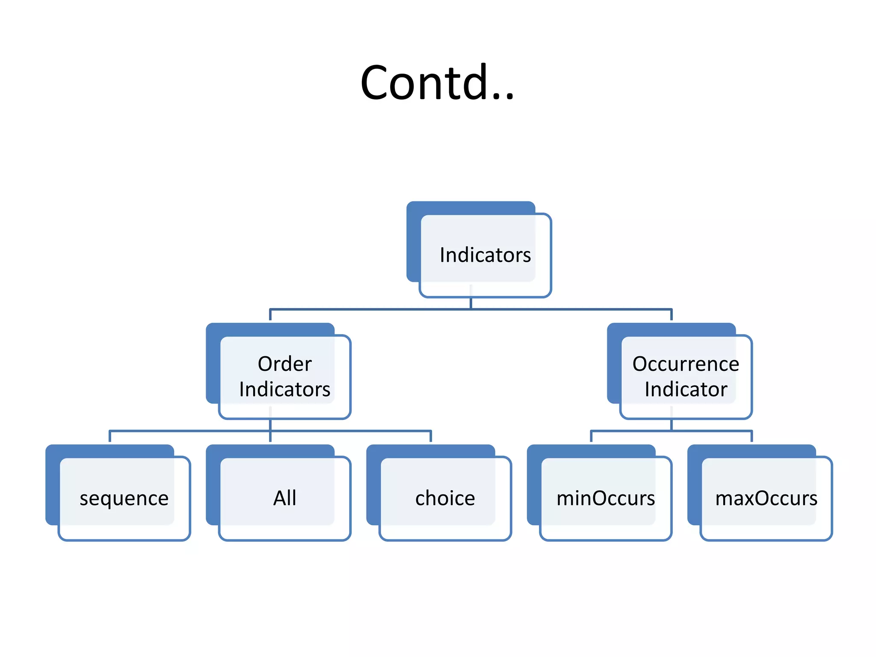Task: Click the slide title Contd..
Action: pos(437,82)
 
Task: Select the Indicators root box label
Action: pos(485,255)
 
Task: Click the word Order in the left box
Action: pos(284,364)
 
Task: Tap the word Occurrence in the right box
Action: pos(686,364)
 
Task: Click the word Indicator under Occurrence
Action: pos(686,389)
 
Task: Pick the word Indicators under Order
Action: pos(284,389)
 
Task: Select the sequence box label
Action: pos(124,499)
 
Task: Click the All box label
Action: pos(284,498)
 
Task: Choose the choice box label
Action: pos(445,498)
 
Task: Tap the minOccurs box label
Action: pos(606,498)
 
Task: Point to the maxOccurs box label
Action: pos(766,498)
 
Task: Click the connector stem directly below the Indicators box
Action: pos(471,303)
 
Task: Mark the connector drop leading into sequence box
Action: pos(110,437)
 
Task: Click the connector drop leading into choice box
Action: pos(431,437)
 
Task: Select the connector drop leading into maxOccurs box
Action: pos(752,437)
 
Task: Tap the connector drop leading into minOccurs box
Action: pos(591,437)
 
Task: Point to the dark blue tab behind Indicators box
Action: pos(413,240)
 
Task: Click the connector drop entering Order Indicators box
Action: pos(270,315)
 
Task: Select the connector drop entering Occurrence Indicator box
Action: pos(672,315)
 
